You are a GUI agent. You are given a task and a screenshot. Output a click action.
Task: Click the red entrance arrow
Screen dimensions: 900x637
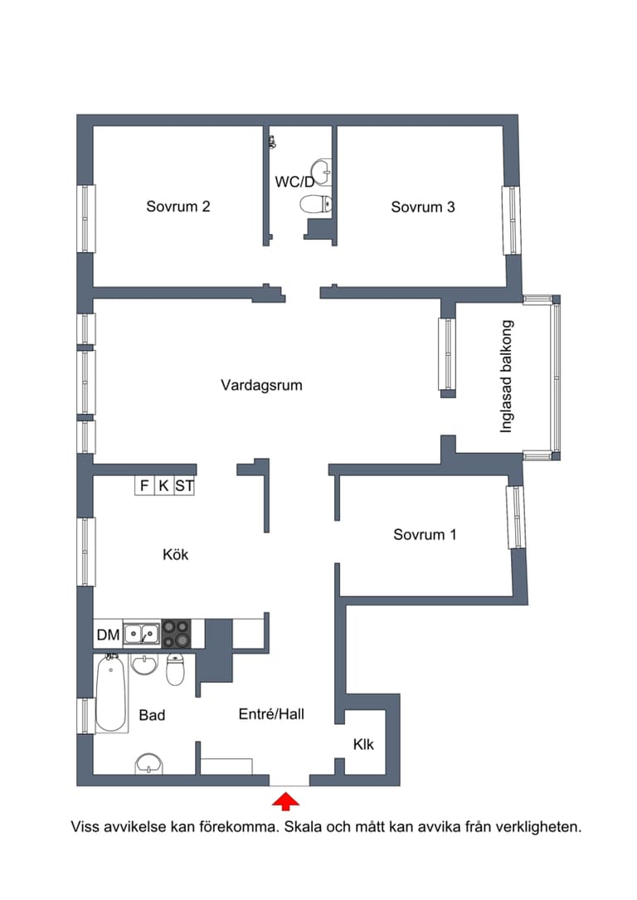tap(286, 800)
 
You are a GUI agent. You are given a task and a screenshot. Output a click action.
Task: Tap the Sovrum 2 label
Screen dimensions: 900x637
tap(177, 207)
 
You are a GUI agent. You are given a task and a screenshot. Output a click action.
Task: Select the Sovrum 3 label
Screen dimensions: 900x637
tap(423, 207)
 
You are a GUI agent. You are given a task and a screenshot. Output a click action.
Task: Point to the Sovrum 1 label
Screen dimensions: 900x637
tap(425, 535)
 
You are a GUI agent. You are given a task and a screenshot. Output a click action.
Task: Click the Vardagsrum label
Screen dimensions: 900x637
tap(261, 385)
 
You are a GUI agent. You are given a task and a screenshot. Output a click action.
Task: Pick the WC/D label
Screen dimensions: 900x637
tap(294, 181)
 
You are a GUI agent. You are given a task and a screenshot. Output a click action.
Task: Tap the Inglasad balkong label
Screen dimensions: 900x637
tap(507, 376)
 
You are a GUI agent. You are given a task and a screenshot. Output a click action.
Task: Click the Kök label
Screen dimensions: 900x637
tap(175, 554)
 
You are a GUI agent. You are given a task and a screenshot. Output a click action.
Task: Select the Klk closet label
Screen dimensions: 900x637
tap(363, 744)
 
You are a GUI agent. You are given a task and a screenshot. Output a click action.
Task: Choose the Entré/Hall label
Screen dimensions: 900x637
tap(271, 713)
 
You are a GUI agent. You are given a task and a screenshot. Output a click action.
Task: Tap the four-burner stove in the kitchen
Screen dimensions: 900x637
tap(175, 634)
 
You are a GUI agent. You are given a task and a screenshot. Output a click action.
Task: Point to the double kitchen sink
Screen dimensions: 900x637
tap(142, 635)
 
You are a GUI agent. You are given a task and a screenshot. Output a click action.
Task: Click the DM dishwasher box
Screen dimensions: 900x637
tap(108, 635)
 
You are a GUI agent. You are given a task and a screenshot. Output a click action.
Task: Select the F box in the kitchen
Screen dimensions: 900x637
tap(144, 486)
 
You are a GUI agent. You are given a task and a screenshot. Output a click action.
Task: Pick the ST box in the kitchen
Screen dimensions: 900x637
tap(184, 486)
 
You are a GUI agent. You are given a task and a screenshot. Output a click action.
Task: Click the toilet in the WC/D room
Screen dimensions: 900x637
tap(316, 204)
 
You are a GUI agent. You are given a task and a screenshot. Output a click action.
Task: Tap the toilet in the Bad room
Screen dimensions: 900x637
tap(175, 669)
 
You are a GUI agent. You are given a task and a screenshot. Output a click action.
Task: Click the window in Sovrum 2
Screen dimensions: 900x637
tap(86, 218)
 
